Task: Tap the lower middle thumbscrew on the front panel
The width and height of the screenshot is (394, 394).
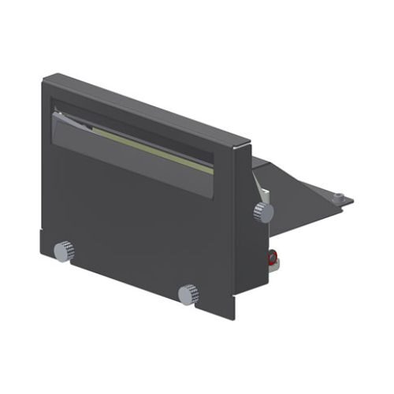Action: coord(189,294)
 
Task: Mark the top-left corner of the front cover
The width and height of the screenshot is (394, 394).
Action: coord(43,76)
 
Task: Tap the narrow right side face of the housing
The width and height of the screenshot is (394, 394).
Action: coord(244,236)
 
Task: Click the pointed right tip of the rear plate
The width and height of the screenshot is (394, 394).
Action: coord(352,200)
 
